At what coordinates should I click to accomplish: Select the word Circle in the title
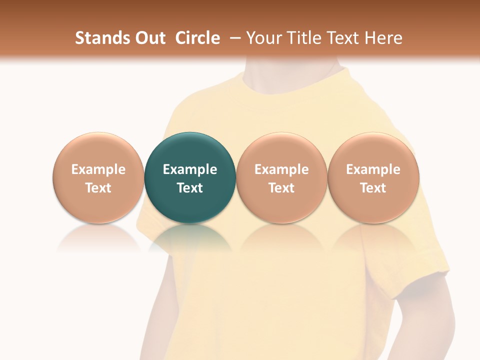pos(197,38)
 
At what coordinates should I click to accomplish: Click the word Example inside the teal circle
pos(190,169)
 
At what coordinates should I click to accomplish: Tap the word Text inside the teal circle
pos(190,188)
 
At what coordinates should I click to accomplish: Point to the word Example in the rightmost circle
pos(373,169)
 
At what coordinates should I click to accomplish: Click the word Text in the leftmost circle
pos(98,188)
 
